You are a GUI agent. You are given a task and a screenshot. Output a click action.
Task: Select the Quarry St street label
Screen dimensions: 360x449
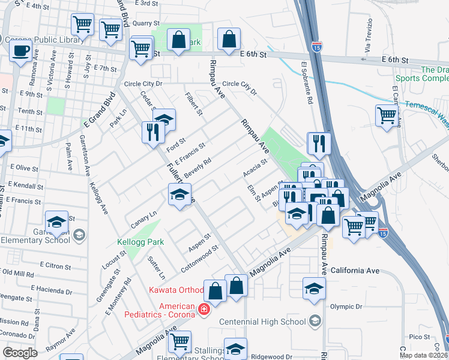(146, 23)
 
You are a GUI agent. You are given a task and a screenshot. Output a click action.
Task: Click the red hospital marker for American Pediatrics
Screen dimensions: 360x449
(203, 310)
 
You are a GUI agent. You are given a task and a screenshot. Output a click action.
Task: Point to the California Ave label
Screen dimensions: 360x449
(356, 271)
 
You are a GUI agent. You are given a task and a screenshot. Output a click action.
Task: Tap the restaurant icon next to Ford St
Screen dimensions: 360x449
(153, 131)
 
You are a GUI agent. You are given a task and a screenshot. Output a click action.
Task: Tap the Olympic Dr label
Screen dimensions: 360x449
(346, 306)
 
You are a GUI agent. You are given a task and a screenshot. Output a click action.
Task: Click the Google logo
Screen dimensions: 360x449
(20, 353)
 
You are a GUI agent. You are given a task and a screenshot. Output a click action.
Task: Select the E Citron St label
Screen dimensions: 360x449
(55, 265)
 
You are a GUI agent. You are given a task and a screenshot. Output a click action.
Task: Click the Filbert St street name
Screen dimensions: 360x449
(194, 104)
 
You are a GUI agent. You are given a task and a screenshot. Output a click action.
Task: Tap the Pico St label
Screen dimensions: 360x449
(416, 337)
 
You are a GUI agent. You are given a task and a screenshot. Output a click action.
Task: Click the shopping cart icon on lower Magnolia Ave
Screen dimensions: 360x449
(179, 341)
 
